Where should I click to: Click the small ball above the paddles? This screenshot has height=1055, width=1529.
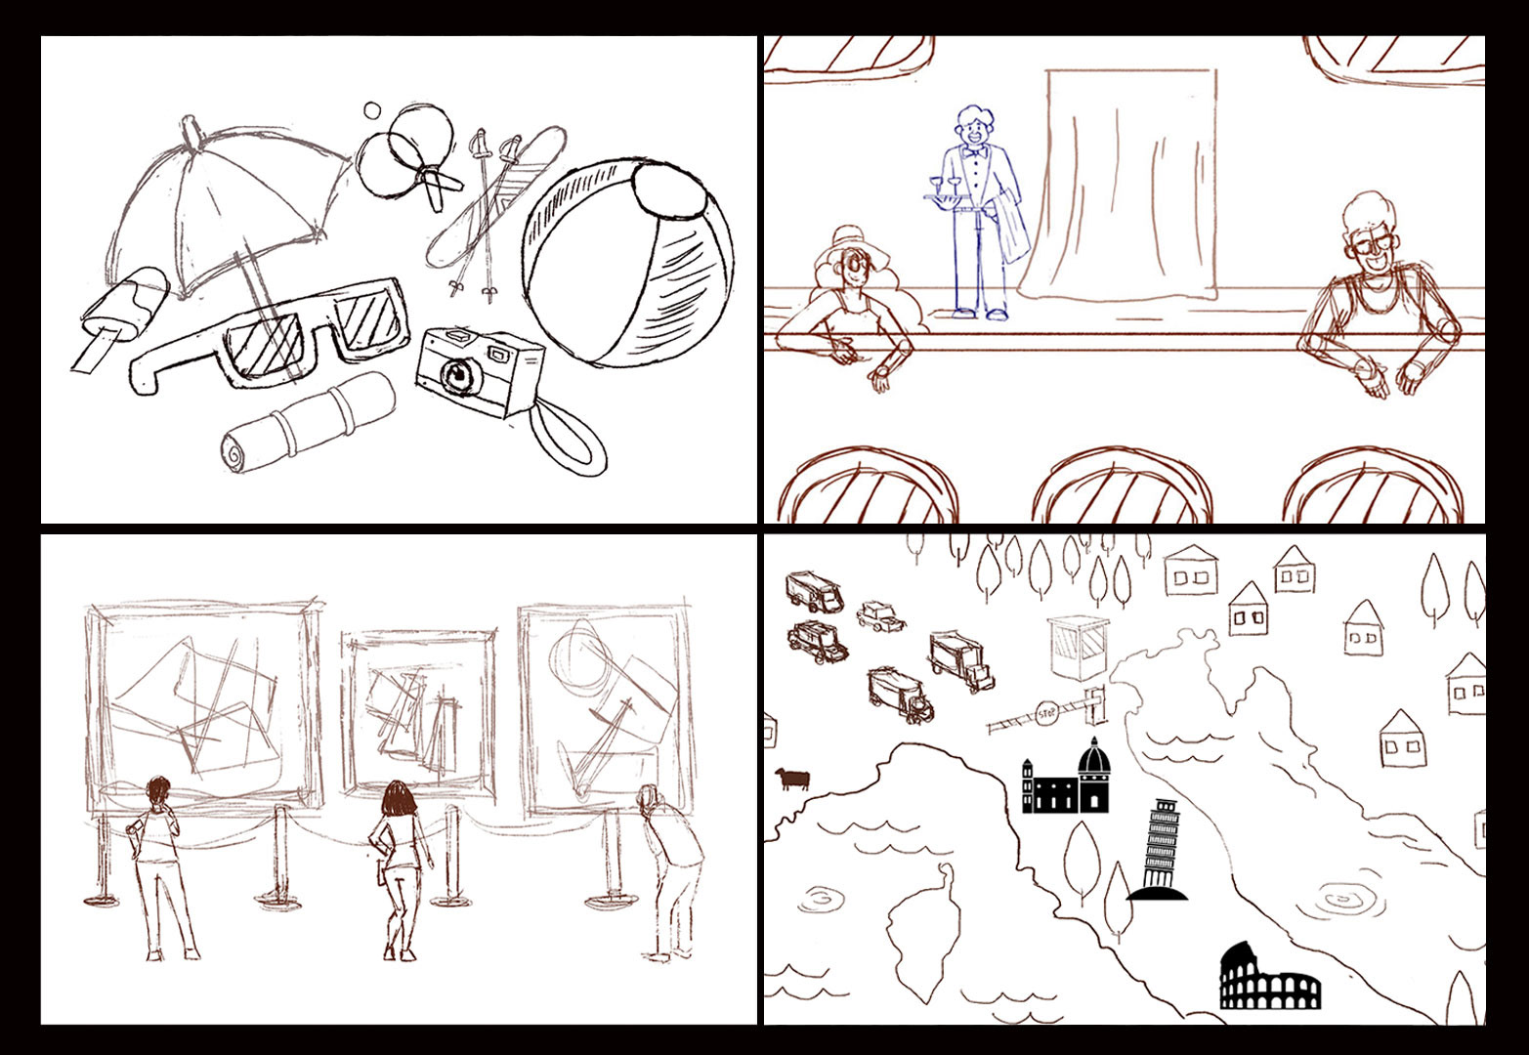[371, 110]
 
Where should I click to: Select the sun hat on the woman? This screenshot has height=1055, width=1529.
[852, 248]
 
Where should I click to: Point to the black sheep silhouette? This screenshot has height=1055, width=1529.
[791, 779]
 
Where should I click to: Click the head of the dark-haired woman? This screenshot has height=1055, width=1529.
[400, 798]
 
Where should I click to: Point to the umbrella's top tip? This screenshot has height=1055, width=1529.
[190, 123]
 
